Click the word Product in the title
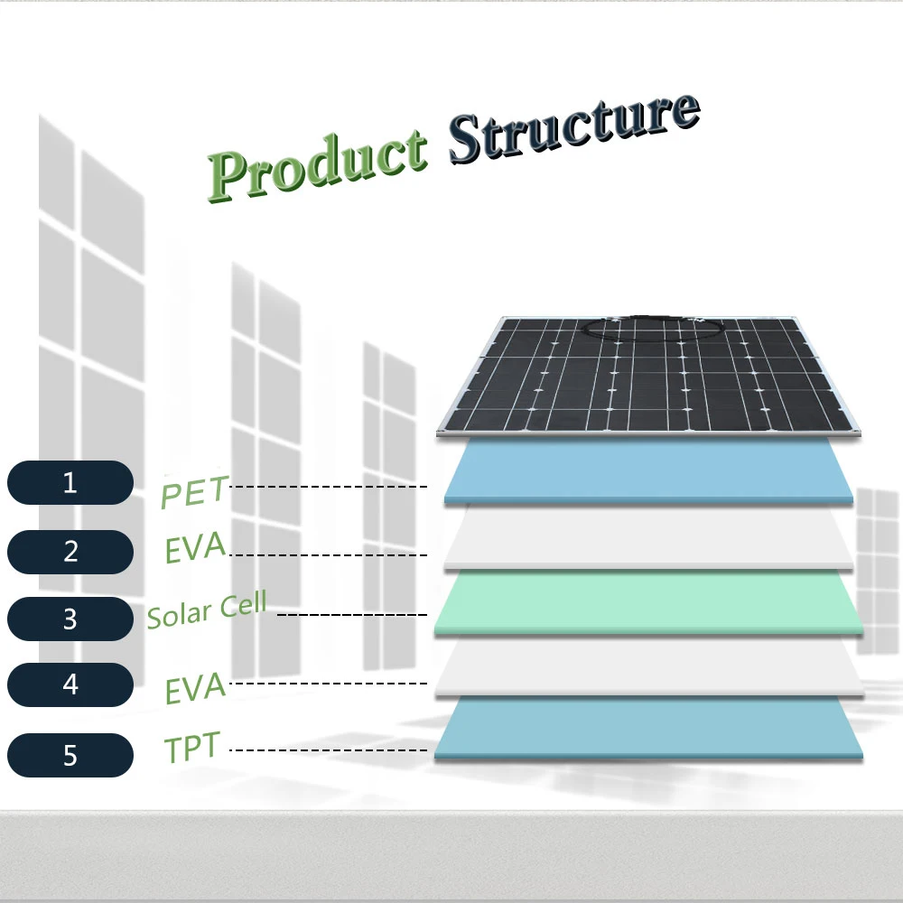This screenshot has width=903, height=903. [318, 166]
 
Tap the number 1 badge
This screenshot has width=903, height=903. [70, 482]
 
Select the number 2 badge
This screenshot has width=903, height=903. [70, 552]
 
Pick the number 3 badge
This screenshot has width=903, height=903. [70, 619]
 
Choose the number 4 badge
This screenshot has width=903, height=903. [70, 684]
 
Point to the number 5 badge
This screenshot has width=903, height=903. [70, 755]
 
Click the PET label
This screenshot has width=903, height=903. [195, 492]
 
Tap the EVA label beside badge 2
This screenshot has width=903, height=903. [195, 547]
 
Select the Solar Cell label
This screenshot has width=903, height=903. [207, 610]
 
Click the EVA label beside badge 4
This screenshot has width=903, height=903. [195, 687]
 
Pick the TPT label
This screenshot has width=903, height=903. [192, 747]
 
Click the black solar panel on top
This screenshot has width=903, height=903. [648, 375]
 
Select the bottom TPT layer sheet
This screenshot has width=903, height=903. [648, 729]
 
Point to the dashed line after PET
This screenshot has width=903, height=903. [329, 487]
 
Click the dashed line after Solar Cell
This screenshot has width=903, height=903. [352, 614]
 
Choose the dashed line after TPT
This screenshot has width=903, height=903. [329, 749]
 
